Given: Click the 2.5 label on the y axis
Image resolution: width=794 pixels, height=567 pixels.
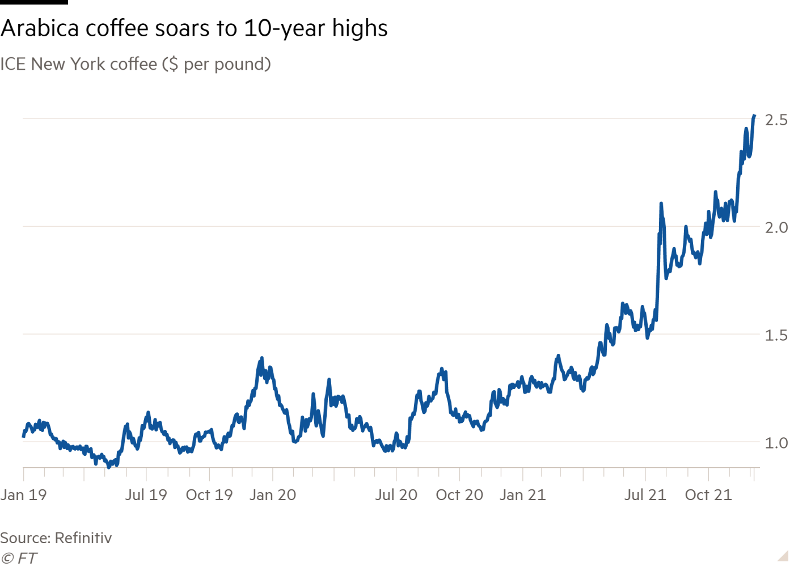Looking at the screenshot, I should pyautogui.click(x=776, y=120).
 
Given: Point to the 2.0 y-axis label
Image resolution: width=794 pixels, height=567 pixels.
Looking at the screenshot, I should pyautogui.click(x=776, y=227).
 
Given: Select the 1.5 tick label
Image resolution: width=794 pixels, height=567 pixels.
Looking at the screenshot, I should pyautogui.click(x=776, y=335).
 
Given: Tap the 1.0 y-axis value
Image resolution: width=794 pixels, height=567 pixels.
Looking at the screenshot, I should pyautogui.click(x=776, y=442).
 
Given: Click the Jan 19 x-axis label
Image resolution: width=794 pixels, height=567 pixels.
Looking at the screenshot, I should pyautogui.click(x=23, y=494).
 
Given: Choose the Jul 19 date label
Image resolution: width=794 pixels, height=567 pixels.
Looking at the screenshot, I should pyautogui.click(x=146, y=494).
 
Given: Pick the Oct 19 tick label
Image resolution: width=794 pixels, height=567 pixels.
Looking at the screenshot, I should pyautogui.click(x=209, y=494).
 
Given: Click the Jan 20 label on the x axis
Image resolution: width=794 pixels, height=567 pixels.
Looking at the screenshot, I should pyautogui.click(x=273, y=494).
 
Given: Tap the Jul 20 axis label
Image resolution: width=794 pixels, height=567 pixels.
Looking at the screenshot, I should pyautogui.click(x=396, y=494).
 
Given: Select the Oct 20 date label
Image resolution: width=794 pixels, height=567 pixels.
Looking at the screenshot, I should pyautogui.click(x=459, y=494).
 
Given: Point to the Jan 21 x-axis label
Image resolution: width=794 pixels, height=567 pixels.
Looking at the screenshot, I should pyautogui.click(x=522, y=494).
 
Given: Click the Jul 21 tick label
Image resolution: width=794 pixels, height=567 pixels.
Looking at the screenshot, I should pyautogui.click(x=645, y=494).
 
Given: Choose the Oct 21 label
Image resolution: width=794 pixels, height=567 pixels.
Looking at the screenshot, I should pyautogui.click(x=708, y=494).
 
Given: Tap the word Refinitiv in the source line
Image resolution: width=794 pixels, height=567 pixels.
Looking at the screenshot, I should pyautogui.click(x=83, y=538).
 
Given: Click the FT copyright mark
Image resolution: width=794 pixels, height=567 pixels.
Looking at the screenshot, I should pyautogui.click(x=19, y=558).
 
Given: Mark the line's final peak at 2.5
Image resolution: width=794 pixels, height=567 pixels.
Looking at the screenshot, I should pyautogui.click(x=754, y=116).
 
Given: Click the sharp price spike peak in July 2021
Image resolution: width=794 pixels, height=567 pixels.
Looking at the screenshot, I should pyautogui.click(x=661, y=203).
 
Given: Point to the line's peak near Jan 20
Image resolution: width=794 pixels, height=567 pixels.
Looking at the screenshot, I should pyautogui.click(x=261, y=358).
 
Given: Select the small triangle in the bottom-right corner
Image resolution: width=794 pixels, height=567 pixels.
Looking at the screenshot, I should pyautogui.click(x=783, y=555).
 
